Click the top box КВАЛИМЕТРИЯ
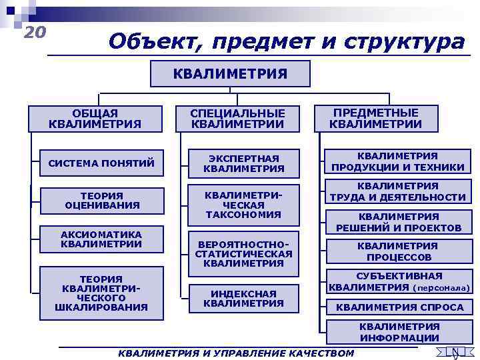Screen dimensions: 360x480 tap(230, 73)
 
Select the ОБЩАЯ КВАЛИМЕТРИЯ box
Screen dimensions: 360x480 tap(95, 118)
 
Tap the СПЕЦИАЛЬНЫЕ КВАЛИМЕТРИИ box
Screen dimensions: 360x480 tap(237, 119)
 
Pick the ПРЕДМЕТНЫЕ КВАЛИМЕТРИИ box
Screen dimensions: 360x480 tap(375, 118)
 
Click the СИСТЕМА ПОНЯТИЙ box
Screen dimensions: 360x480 tap(101, 163)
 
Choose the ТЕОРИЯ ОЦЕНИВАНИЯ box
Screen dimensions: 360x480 tap(103, 200)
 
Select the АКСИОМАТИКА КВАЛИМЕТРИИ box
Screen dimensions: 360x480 tap(101, 239)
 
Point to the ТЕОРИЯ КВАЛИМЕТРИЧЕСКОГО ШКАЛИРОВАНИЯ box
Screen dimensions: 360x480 tap(101, 293)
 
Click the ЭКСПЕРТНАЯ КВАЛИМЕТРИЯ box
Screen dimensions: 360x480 tap(243, 163)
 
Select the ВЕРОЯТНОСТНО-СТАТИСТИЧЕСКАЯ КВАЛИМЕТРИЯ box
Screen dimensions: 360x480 tap(243, 253)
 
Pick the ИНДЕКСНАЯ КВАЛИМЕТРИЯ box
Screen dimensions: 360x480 tap(243, 297)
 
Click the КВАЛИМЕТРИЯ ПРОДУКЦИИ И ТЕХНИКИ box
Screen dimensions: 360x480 tap(398, 161)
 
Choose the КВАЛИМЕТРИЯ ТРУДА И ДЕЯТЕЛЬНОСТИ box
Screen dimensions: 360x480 tap(398, 191)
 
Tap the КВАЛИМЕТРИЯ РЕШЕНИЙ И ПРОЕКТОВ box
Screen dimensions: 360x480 tap(399, 222)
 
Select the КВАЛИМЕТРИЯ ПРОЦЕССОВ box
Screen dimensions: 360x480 tap(399, 251)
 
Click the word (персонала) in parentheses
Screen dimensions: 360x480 tap(442, 288)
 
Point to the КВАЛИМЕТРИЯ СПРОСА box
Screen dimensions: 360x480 tap(399, 307)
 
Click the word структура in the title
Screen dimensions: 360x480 tap(405, 41)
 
